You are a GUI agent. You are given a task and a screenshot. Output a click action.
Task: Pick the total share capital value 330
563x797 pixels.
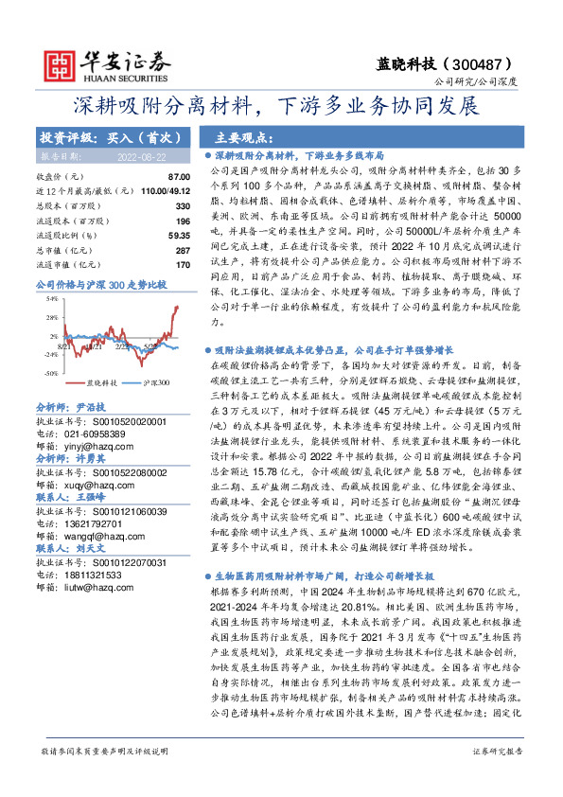(x=183, y=204)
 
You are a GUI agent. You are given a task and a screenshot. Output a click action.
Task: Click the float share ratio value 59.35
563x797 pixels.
(x=177, y=233)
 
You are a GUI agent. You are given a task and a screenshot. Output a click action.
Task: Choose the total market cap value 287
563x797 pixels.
(x=183, y=247)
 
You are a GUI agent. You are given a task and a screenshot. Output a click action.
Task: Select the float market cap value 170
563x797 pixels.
(x=183, y=261)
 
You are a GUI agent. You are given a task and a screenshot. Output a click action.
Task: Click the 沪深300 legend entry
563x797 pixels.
(x=156, y=382)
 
